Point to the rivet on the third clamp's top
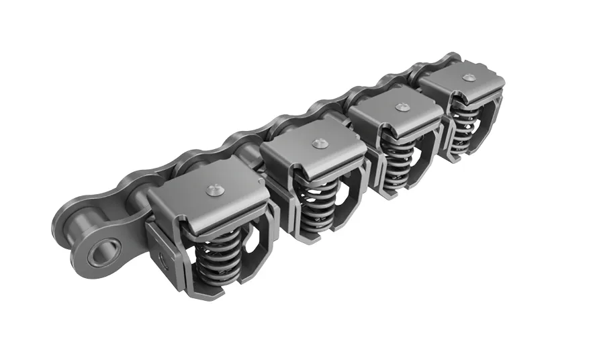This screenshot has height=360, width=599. [402, 107]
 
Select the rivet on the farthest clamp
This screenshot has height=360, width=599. [469, 77]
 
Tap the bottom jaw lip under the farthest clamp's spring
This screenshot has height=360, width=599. [466, 155]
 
